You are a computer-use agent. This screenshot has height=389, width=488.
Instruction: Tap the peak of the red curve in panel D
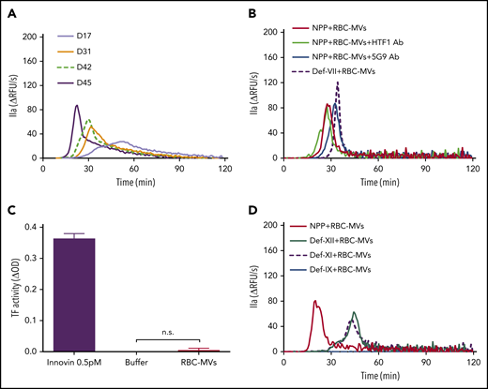click(315, 301)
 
